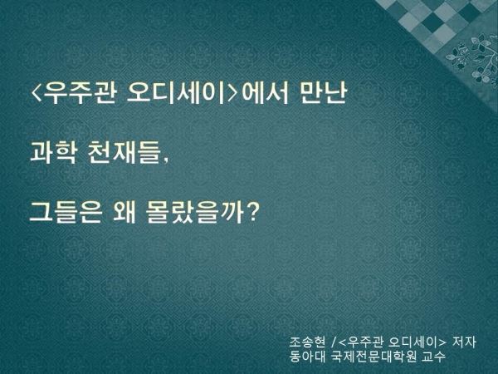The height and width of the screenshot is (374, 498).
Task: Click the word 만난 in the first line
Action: tap(322, 93)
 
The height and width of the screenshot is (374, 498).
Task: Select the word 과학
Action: tap(53, 153)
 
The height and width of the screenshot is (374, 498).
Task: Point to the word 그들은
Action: tap(66, 212)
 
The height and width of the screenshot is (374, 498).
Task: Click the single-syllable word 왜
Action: tap(124, 212)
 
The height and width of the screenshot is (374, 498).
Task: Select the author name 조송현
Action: tap(307, 342)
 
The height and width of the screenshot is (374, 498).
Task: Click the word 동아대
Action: tap(307, 357)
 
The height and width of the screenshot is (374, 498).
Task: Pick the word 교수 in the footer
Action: tap(433, 357)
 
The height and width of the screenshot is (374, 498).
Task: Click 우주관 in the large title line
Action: tap(80, 93)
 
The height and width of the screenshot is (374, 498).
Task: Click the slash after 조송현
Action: tap(333, 342)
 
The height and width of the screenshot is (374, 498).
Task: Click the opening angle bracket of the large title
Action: tap(37, 93)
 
